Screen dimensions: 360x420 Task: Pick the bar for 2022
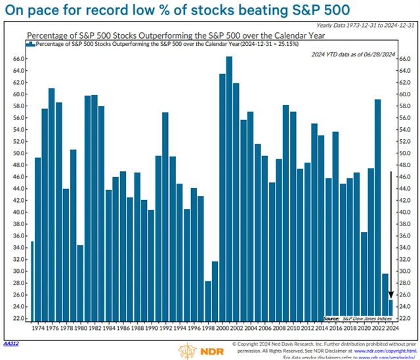point(377,210)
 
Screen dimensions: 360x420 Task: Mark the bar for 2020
point(364,275)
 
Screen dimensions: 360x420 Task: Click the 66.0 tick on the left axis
point(18,58)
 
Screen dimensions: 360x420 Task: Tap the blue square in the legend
point(30,43)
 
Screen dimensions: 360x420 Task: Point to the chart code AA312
point(11,343)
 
